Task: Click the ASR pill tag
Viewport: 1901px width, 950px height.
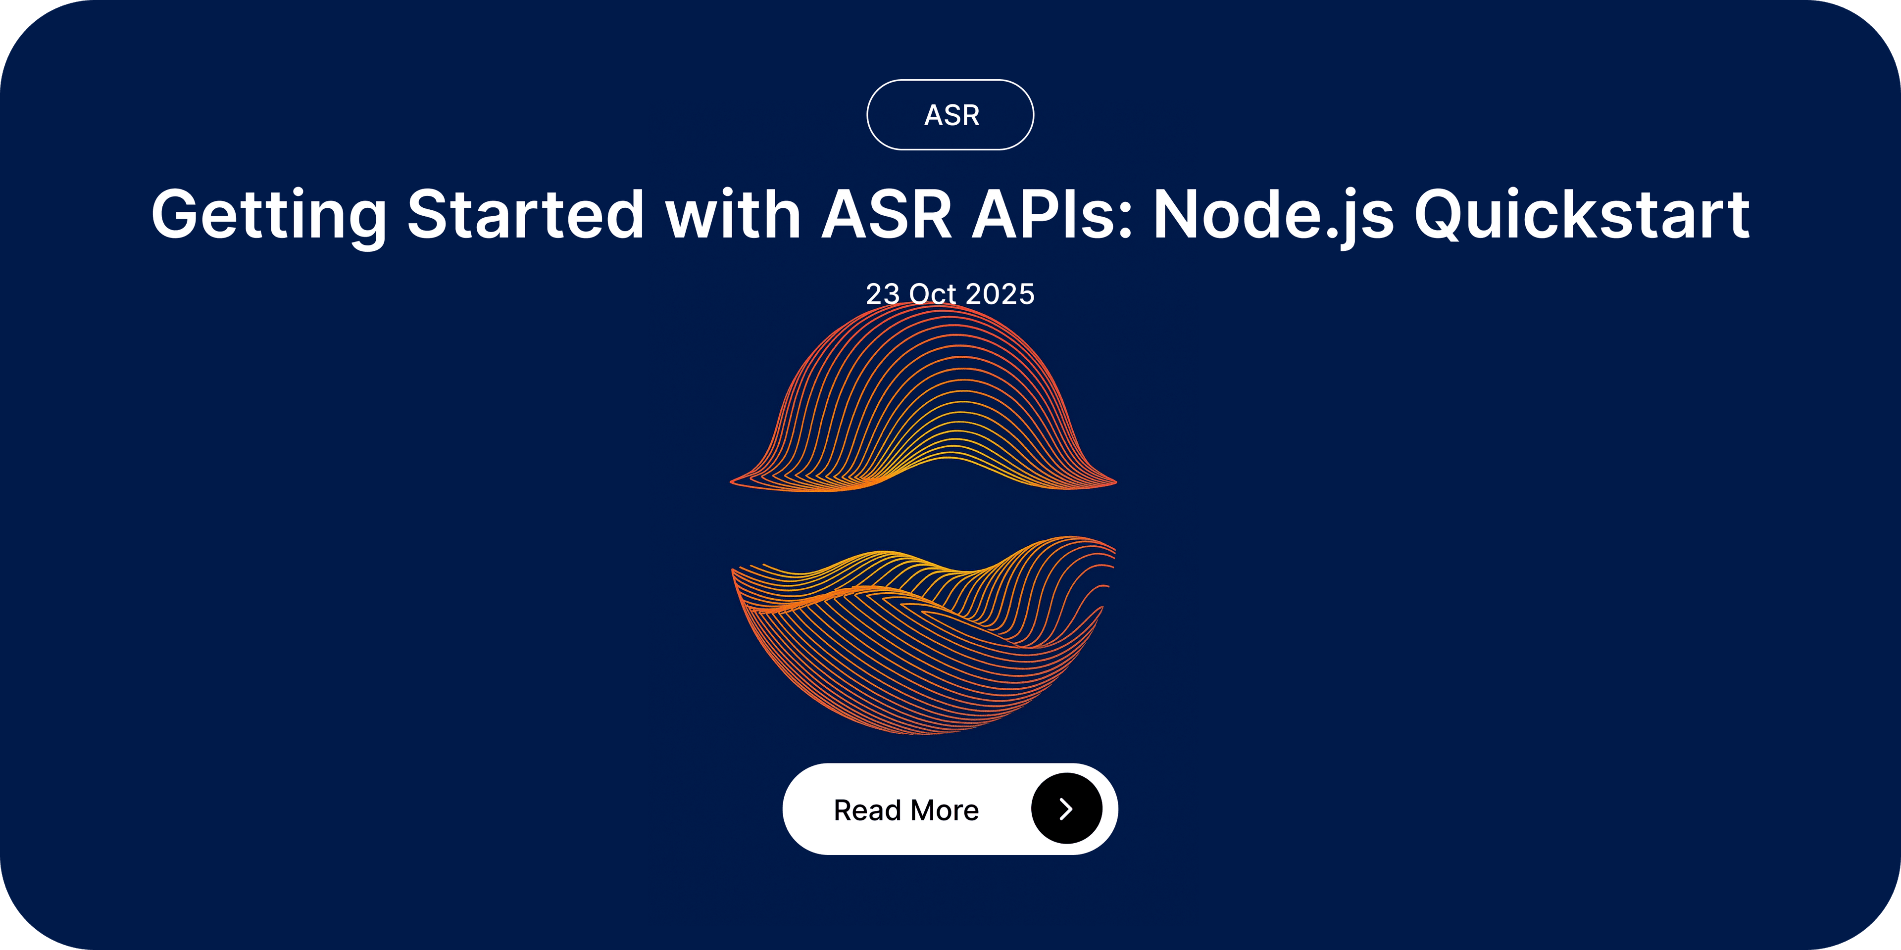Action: click(950, 115)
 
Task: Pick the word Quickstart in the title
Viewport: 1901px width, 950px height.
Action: click(1582, 215)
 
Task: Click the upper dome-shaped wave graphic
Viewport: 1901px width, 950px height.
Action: click(923, 398)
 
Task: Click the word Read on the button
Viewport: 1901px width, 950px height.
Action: click(868, 810)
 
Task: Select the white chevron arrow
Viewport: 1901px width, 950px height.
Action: click(1066, 808)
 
